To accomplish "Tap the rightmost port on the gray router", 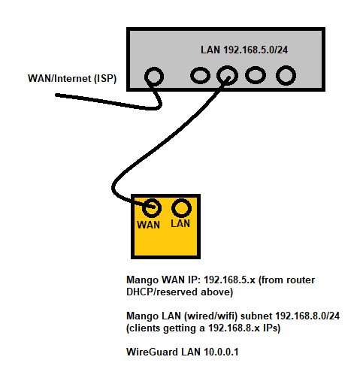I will [x=285, y=76].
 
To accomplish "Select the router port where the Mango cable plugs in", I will [x=227, y=76].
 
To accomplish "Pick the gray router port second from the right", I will [x=256, y=76].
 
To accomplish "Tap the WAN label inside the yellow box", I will [x=150, y=224].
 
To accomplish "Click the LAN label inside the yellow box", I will [x=180, y=224].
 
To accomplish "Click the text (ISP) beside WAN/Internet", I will [x=104, y=78].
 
